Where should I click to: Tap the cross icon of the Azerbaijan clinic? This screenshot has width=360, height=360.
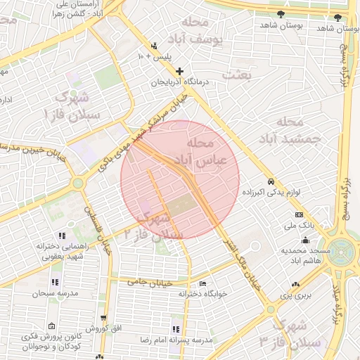click(x=180, y=71)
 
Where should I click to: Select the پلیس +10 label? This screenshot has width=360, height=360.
click(x=154, y=56)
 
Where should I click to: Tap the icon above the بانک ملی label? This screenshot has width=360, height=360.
click(x=300, y=214)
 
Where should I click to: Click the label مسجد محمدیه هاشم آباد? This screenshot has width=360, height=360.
click(x=306, y=255)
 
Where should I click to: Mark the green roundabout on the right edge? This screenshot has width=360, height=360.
click(x=345, y=252)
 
